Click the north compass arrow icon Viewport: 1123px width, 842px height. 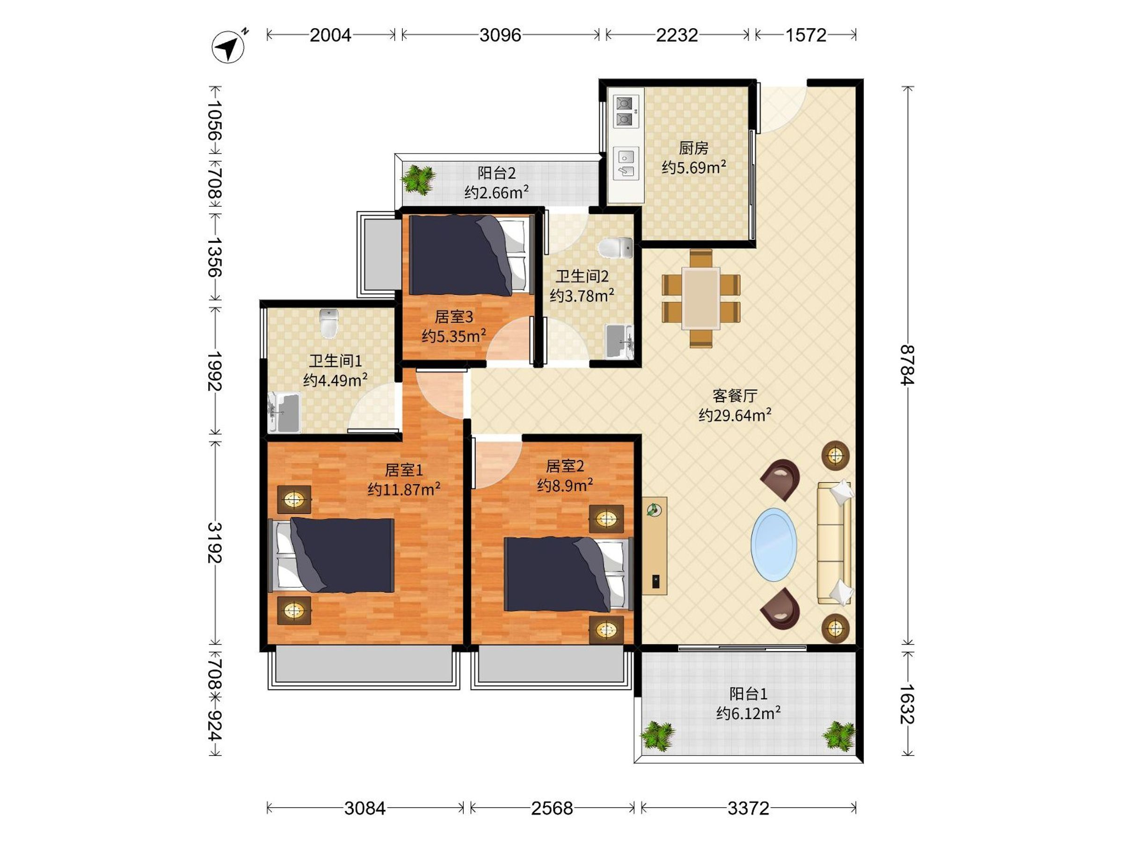tap(229, 47)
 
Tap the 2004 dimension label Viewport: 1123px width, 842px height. tap(330, 35)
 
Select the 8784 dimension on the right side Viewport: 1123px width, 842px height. tap(907, 365)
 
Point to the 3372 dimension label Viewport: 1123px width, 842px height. tap(748, 807)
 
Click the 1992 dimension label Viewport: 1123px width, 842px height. tap(215, 371)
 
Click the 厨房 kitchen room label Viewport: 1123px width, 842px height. tap(693, 148)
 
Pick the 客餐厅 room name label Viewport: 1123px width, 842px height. tap(735, 395)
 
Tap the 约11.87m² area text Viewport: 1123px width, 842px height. tap(404, 489)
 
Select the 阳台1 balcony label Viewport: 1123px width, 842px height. tap(748, 693)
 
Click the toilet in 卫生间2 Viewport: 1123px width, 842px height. tap(615, 248)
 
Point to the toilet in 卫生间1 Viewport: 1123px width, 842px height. tap(329, 323)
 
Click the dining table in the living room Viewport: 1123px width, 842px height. tap(700, 298)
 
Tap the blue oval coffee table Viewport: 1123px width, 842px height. tap(774, 544)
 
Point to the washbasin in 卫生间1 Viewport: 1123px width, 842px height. tap(284, 413)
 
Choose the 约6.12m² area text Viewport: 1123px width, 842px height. tap(748, 713)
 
